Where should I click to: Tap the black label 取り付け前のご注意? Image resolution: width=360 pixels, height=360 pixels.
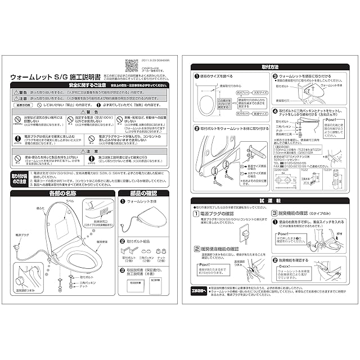19,178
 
